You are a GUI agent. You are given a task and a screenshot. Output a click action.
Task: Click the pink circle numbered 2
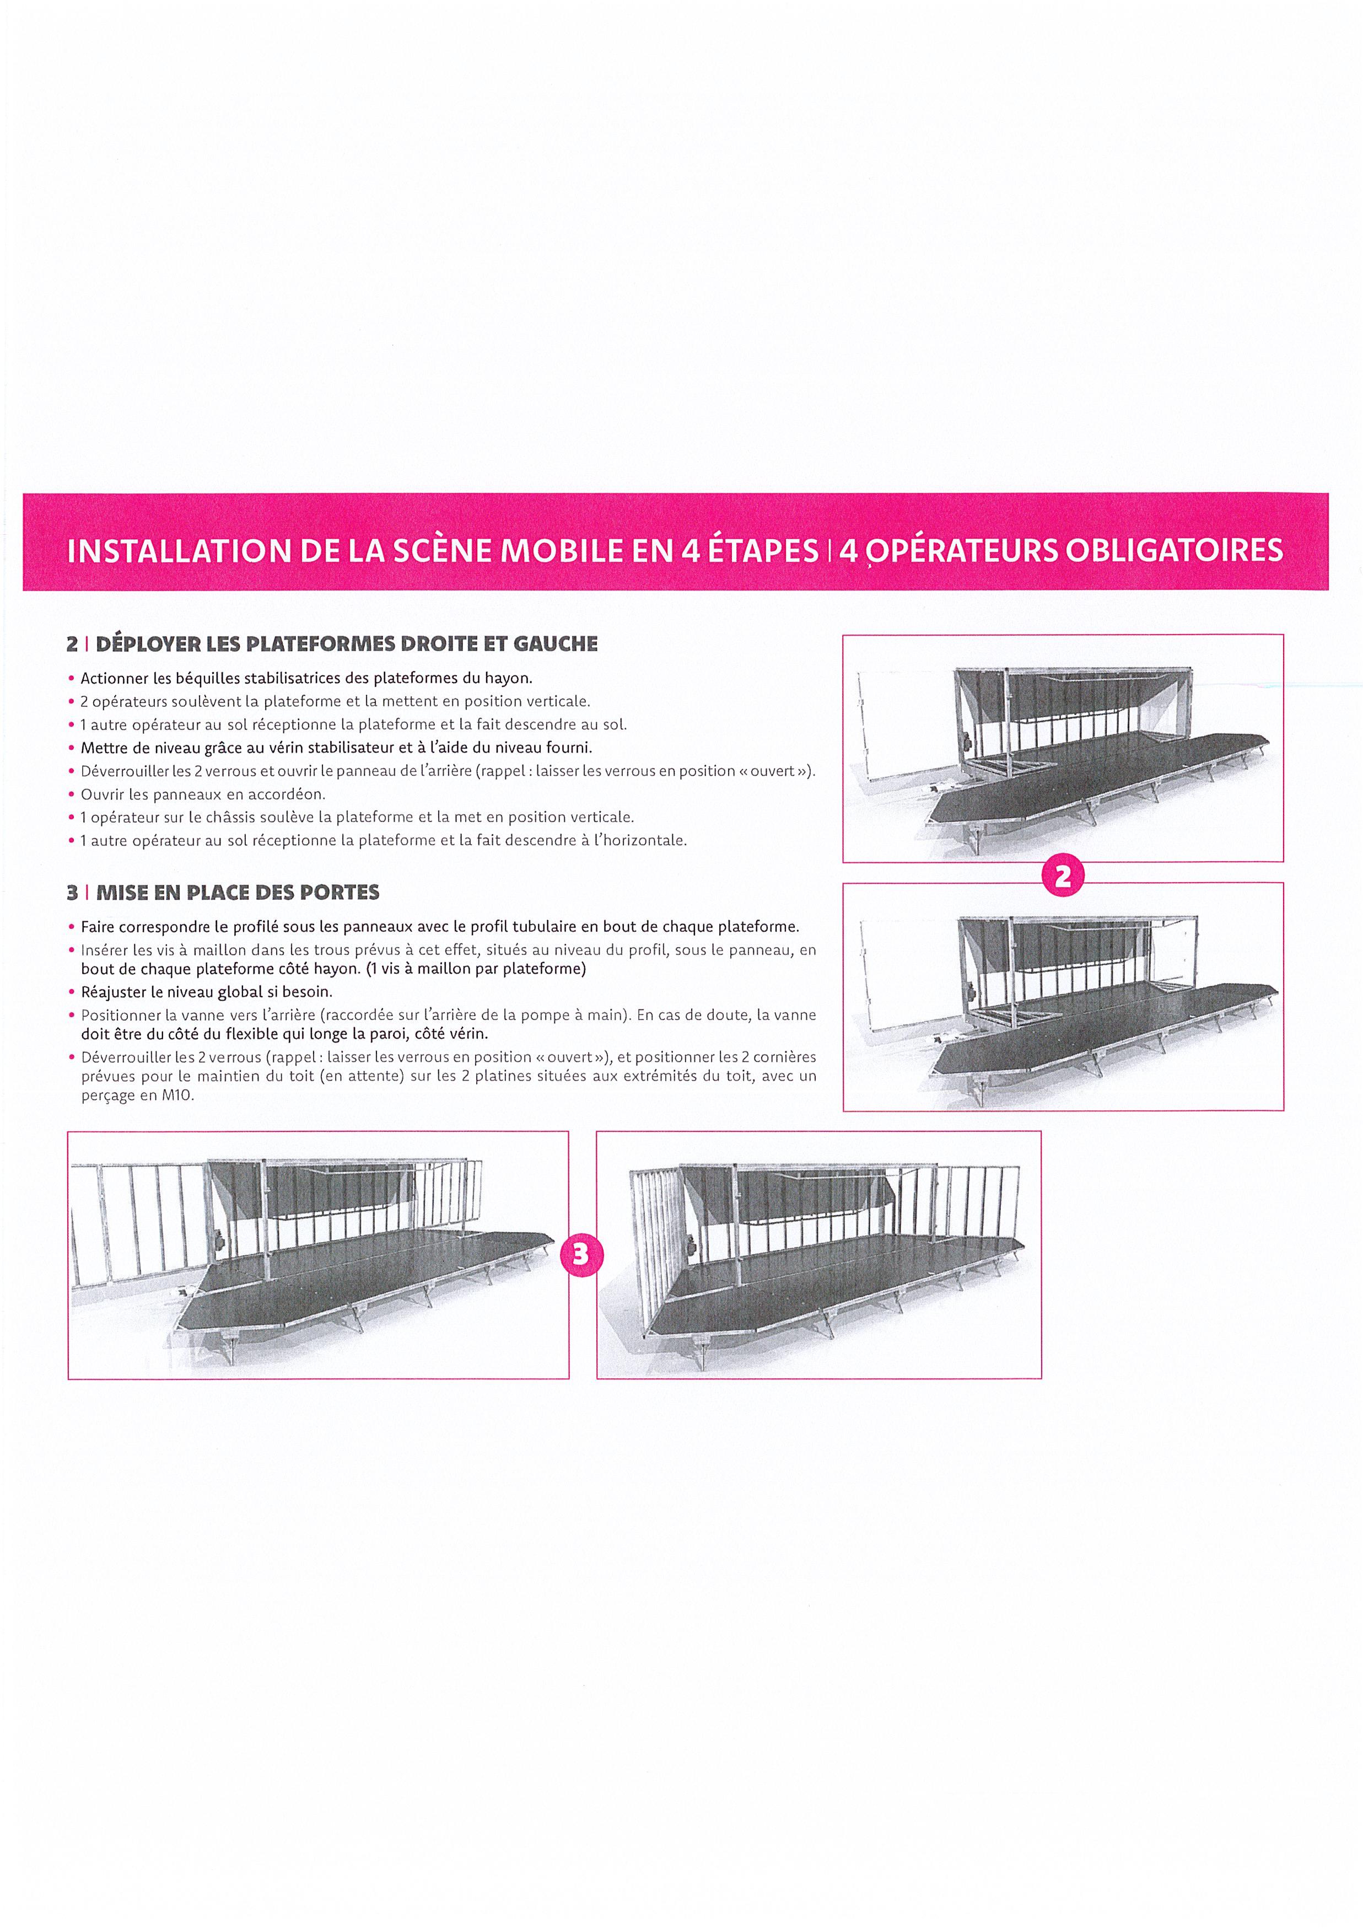[1063, 877]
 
